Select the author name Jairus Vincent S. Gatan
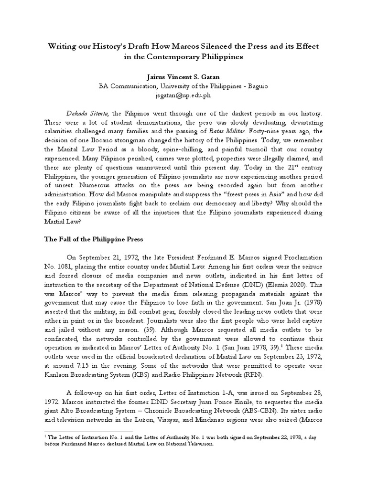[x=183, y=76]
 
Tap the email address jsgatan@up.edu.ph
[x=183, y=95]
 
